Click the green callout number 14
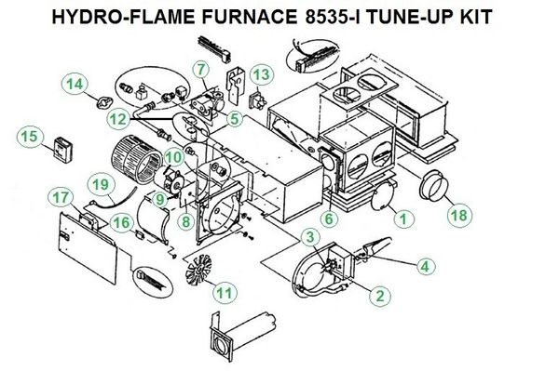[x=75, y=85]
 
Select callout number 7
[x=202, y=69]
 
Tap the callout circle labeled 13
[x=261, y=75]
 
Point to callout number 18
[x=458, y=215]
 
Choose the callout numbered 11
[x=225, y=293]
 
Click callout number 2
[x=380, y=296]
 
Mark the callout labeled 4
[x=425, y=266]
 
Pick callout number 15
[x=30, y=137]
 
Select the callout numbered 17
[x=61, y=197]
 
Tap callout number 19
[x=101, y=185]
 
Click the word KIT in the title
[x=477, y=17]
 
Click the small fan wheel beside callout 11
[x=198, y=270]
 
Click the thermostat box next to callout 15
[x=63, y=150]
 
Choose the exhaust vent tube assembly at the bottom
[x=241, y=337]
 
